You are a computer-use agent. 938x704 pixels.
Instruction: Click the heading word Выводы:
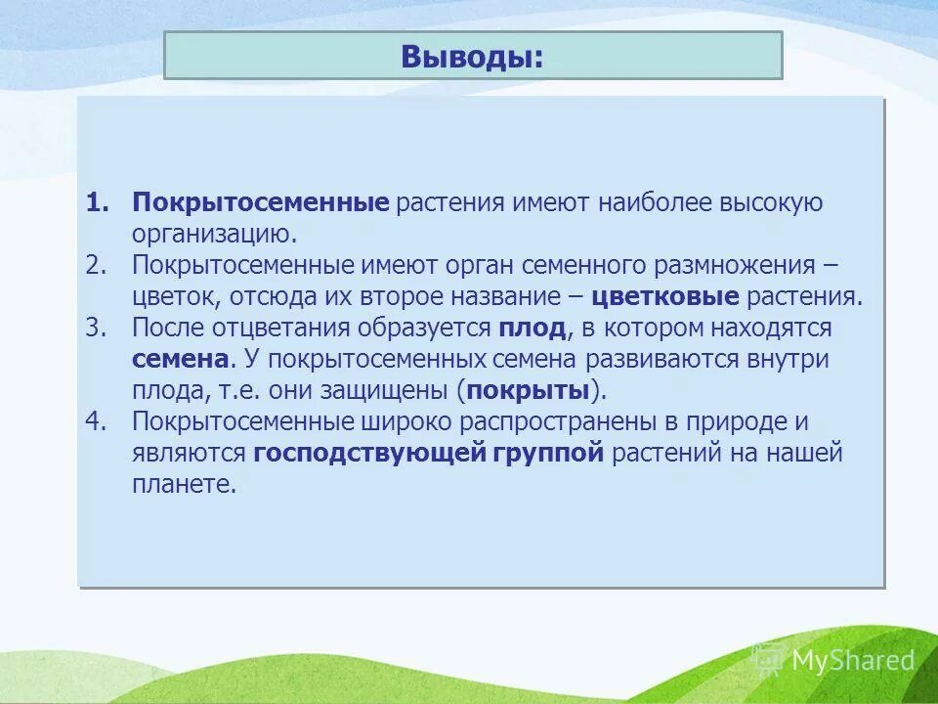(x=472, y=56)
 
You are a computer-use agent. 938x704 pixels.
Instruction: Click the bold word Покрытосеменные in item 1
(x=261, y=203)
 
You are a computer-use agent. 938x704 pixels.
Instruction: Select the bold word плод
(x=531, y=329)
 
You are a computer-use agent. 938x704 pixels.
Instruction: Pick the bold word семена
(x=181, y=360)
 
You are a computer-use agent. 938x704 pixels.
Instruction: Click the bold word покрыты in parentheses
(x=530, y=391)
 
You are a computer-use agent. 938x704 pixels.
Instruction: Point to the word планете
(x=185, y=485)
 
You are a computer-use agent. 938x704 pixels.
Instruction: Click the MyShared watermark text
(x=852, y=660)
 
